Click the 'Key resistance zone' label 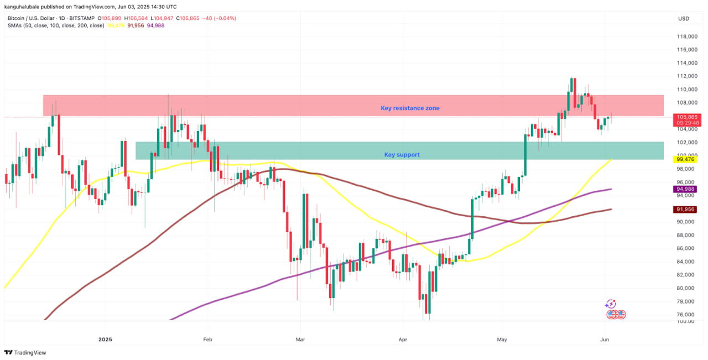pos(410,108)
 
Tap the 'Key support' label pos(402,155)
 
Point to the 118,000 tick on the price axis pos(686,36)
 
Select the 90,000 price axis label pos(686,222)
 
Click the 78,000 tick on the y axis pos(686,301)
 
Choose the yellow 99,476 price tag pos(685,159)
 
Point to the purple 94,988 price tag pos(685,189)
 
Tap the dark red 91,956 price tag pos(685,210)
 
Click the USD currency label pos(684,19)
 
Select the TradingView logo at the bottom pos(25,353)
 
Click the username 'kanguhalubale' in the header pos(25,7)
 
